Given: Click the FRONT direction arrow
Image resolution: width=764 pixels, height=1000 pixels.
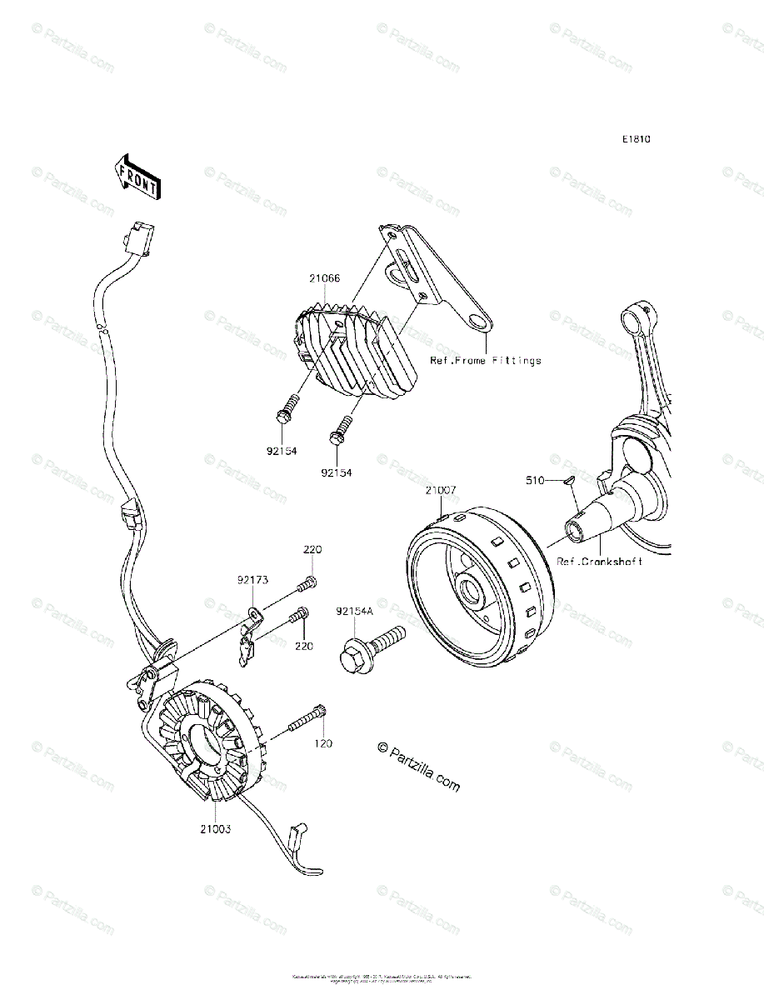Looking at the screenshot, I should coord(137,177).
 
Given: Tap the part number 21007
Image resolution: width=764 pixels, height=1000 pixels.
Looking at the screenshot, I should coord(440,491).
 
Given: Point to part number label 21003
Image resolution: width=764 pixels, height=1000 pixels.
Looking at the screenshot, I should coord(215,829).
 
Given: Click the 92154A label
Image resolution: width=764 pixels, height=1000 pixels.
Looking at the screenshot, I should coord(356,612).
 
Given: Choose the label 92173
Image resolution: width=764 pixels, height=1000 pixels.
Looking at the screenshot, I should coord(252,577).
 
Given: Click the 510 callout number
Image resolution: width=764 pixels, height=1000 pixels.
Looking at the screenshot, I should coord(535,480).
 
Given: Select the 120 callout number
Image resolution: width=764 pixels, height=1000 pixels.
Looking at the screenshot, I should coord(322,742).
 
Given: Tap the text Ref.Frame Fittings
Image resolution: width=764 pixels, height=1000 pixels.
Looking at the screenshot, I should coord(485,361).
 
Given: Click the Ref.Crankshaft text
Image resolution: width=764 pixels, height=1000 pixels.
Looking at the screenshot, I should coord(599,562).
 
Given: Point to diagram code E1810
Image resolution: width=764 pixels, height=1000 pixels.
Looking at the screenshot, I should coord(634,139).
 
